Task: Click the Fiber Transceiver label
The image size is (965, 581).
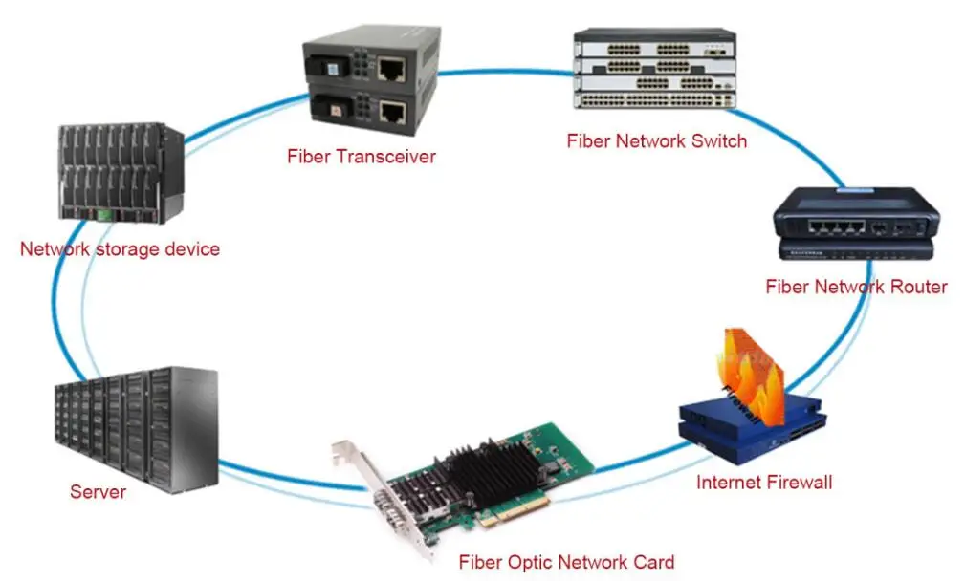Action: (361, 157)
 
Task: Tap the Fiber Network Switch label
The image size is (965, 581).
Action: (656, 141)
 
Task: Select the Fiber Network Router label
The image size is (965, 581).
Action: (856, 287)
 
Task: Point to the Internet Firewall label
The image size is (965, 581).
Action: (763, 483)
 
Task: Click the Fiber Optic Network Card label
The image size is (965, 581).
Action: (566, 562)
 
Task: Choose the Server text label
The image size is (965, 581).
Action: (98, 493)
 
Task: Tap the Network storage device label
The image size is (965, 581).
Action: (120, 249)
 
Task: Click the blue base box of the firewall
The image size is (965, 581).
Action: (736, 430)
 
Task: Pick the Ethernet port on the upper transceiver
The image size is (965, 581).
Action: (391, 69)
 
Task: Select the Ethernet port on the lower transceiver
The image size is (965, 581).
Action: (392, 112)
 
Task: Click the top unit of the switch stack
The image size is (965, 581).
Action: (654, 44)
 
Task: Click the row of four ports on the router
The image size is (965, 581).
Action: (829, 227)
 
